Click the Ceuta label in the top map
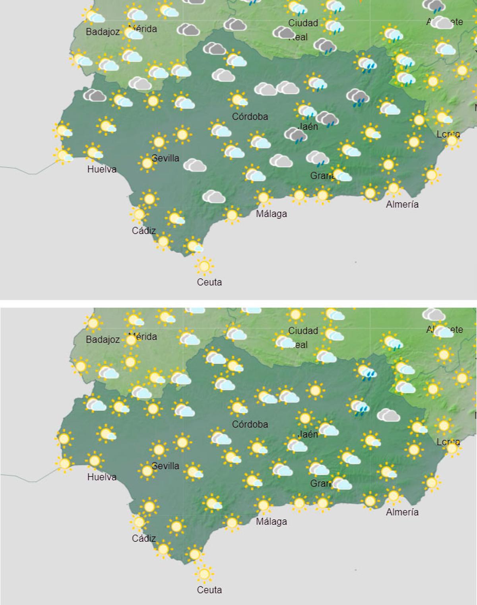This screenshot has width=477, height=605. (x=209, y=282)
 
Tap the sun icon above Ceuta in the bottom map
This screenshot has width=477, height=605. (x=204, y=574)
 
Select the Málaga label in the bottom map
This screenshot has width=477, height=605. (x=271, y=521)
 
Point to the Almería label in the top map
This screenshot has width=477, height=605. (x=402, y=204)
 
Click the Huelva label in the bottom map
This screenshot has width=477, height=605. (x=102, y=477)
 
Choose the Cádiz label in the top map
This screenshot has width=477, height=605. (x=143, y=231)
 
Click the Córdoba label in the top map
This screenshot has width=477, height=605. (x=250, y=117)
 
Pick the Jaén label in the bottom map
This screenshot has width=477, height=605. (x=308, y=434)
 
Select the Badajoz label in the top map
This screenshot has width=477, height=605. (x=103, y=32)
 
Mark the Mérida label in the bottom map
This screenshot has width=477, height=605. (x=143, y=337)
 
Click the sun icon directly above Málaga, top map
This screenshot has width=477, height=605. (x=263, y=197)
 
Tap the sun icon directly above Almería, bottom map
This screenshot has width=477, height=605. (x=393, y=496)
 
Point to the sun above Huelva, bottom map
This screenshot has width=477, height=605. (x=95, y=461)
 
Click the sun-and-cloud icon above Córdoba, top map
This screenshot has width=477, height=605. (x=238, y=99)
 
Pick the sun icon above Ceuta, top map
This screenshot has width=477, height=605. (x=204, y=266)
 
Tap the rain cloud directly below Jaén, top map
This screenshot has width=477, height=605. (x=295, y=135)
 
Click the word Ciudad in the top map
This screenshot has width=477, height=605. (x=303, y=23)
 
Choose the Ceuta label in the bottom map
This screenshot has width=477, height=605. (x=209, y=590)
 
